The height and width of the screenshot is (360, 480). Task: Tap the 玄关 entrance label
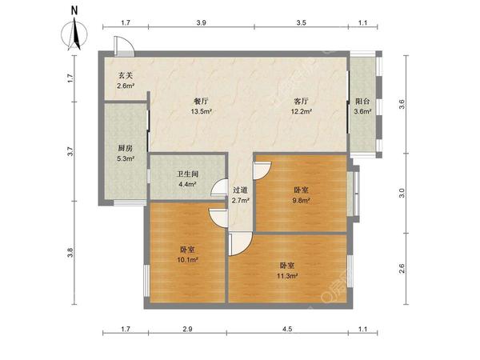point(126,75)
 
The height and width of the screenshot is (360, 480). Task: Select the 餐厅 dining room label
point(201,102)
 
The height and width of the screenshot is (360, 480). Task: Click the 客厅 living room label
point(301,102)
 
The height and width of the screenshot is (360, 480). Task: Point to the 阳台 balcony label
point(362,102)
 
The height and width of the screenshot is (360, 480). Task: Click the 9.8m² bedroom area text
point(302,201)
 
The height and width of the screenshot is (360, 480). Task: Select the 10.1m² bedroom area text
point(186,260)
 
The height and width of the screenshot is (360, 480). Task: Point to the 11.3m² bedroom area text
point(288,276)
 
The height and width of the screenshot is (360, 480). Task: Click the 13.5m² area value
point(201,112)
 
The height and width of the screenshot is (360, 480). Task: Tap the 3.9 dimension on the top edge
point(201,24)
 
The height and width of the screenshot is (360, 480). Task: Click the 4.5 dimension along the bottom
point(287,330)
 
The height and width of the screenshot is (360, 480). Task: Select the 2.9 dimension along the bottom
point(186,330)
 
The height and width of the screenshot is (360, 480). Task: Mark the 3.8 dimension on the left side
point(70,254)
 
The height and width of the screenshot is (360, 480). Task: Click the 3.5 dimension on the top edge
point(301,24)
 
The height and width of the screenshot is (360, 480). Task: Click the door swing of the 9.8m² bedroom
point(262,170)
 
